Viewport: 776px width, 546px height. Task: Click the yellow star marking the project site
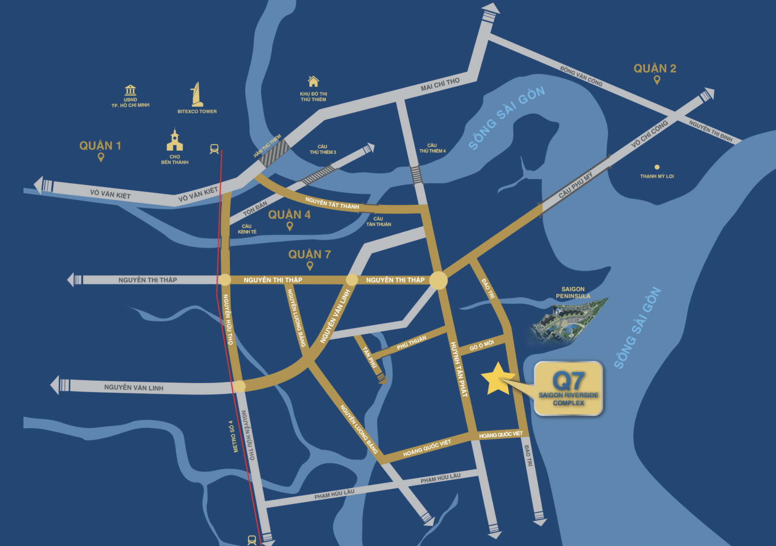(x=497, y=379)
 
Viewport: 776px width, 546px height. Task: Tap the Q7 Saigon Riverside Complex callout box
(x=568, y=388)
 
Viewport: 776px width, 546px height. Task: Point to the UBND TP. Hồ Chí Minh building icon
(x=130, y=90)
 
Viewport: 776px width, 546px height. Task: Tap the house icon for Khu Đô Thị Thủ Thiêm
(x=313, y=81)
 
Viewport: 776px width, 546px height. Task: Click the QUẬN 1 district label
(x=100, y=146)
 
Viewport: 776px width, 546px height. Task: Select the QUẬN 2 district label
(x=655, y=69)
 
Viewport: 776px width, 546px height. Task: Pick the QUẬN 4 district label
(x=289, y=215)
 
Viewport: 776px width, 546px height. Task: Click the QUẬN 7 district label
(x=310, y=254)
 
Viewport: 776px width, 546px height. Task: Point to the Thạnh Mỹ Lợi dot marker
(x=657, y=167)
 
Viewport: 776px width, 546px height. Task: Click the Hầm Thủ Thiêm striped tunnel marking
(x=275, y=153)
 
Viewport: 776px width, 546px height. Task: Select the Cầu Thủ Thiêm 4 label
(x=432, y=148)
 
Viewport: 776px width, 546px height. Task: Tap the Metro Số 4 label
(x=233, y=436)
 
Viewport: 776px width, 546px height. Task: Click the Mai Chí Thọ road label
(x=440, y=84)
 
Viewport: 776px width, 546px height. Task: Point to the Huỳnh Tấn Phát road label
(x=459, y=369)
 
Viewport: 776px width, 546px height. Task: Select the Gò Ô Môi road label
(x=481, y=345)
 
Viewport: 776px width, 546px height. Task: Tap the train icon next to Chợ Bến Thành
(x=214, y=149)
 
